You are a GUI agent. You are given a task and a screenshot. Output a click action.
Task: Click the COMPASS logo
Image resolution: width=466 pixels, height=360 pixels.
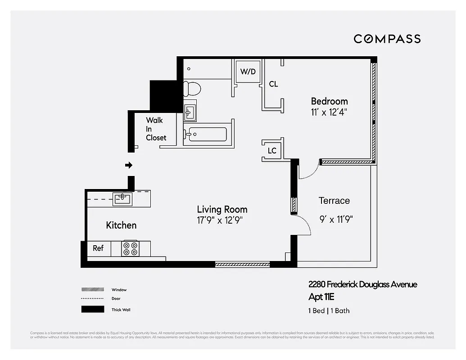tap(387, 39)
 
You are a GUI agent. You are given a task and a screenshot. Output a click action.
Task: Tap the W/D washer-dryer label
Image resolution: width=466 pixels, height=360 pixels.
tap(248, 72)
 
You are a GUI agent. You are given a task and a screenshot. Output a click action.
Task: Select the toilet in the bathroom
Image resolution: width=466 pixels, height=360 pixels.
tap(192, 88)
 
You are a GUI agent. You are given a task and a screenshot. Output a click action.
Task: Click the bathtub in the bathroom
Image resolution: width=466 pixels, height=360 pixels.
tap(208, 134)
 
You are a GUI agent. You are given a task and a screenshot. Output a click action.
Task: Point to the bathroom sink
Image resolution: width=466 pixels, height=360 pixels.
tap(190, 111)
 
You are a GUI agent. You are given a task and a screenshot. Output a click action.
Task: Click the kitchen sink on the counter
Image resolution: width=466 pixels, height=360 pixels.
tap(122, 198)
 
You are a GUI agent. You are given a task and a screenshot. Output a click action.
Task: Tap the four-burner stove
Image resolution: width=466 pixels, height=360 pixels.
tap(131, 248)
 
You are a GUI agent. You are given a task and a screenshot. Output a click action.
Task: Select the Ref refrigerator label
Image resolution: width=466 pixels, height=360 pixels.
tap(98, 248)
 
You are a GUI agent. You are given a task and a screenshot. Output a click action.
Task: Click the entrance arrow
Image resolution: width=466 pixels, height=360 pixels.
tap(129, 165)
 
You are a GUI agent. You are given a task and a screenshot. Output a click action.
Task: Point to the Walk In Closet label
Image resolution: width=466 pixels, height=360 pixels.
tap(156, 129)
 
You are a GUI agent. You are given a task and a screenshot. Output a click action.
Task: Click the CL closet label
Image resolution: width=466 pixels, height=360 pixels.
tap(273, 84)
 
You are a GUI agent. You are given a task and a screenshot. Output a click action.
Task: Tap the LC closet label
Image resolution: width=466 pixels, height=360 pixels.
tap(272, 151)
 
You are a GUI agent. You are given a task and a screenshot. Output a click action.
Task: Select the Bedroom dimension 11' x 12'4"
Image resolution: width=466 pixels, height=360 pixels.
tap(329, 112)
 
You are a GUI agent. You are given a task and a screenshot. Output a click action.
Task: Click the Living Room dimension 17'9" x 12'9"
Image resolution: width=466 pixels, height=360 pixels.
tap(222, 220)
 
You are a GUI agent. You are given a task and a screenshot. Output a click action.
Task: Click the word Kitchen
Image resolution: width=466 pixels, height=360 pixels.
tap(121, 225)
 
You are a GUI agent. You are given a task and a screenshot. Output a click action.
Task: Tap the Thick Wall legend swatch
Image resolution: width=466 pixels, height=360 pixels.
tap(92, 310)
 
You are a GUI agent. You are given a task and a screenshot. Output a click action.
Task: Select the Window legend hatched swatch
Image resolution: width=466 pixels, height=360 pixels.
tap(92, 290)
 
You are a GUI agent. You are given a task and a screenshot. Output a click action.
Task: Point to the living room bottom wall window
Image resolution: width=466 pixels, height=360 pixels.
tap(242, 265)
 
